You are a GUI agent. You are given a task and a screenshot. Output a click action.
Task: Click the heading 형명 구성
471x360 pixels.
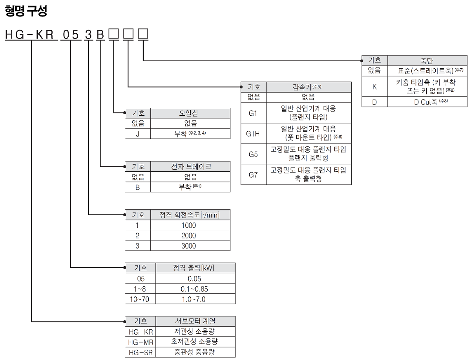26,11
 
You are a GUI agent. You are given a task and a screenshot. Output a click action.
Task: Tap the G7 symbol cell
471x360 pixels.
253,175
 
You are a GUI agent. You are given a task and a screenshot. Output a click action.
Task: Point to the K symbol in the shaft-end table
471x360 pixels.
374,87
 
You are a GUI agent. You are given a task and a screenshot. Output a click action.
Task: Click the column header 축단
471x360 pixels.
427,61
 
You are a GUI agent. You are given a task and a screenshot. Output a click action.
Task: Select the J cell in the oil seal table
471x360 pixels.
137,134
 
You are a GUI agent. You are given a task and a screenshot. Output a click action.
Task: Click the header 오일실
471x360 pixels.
188,113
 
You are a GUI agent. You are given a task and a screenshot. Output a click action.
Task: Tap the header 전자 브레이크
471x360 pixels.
191,167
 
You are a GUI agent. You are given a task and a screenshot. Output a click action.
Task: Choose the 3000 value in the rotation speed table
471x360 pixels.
188,246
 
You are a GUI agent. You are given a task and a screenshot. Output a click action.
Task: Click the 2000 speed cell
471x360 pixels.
188,236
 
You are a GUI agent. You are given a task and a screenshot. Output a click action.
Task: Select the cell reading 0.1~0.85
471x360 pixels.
194,289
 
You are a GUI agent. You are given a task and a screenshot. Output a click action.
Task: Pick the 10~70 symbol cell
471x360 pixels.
139,299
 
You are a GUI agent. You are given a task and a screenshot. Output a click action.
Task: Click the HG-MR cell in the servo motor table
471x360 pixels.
141,342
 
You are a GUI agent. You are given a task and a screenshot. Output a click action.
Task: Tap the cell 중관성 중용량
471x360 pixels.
194,352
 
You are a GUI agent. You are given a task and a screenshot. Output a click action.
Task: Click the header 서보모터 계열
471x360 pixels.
195,321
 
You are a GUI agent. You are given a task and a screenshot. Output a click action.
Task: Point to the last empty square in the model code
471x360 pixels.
143,34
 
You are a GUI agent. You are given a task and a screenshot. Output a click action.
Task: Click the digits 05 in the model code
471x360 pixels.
71,35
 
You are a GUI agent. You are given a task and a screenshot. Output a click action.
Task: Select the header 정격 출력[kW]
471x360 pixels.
194,268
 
